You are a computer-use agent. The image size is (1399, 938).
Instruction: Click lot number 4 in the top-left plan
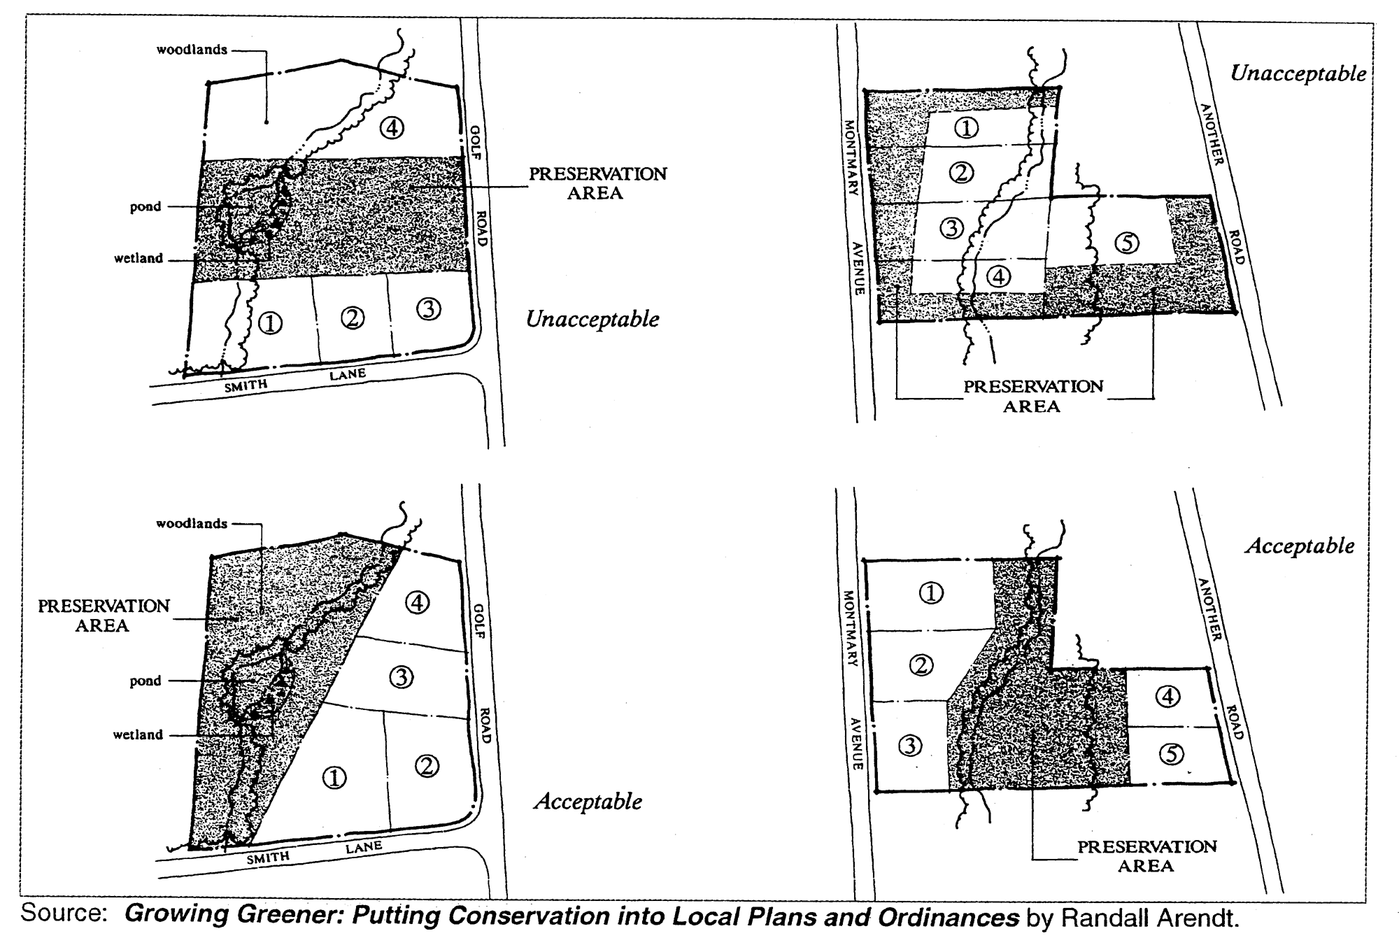tap(392, 128)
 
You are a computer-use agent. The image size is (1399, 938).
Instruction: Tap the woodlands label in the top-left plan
tap(192, 50)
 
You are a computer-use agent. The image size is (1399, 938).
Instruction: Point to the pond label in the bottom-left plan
tap(145, 681)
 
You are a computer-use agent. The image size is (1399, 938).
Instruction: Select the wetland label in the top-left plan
tap(139, 258)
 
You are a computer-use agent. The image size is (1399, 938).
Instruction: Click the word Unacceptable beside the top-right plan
tap(1298, 73)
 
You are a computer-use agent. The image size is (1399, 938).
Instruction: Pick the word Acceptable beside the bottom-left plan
tap(588, 802)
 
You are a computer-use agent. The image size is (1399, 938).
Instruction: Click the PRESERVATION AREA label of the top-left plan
tap(597, 183)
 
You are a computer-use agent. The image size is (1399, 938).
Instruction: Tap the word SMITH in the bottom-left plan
tap(268, 858)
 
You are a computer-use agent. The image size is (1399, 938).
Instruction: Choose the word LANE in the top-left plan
tap(348, 375)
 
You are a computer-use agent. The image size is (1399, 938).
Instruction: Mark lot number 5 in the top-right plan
tap(1127, 242)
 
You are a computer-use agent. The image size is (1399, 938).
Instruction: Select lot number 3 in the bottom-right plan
tap(910, 746)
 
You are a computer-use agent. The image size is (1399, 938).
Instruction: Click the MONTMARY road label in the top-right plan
tap(851, 158)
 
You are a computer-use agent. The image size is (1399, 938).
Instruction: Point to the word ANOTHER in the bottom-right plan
tap(1210, 609)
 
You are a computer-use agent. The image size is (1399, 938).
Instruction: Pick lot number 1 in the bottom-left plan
tap(334, 777)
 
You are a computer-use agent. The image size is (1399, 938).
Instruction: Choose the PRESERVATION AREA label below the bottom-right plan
tap(1146, 856)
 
